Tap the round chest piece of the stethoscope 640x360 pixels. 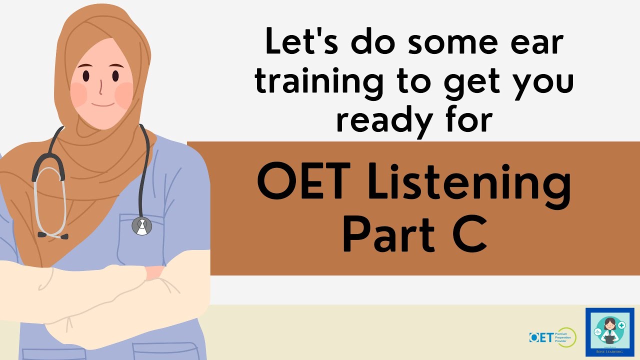point(141,226)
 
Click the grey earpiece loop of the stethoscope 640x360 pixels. point(49,200)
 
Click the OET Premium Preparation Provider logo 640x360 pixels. point(552,337)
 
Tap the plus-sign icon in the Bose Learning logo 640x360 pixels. point(621,325)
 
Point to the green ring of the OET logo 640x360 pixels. point(568,337)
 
